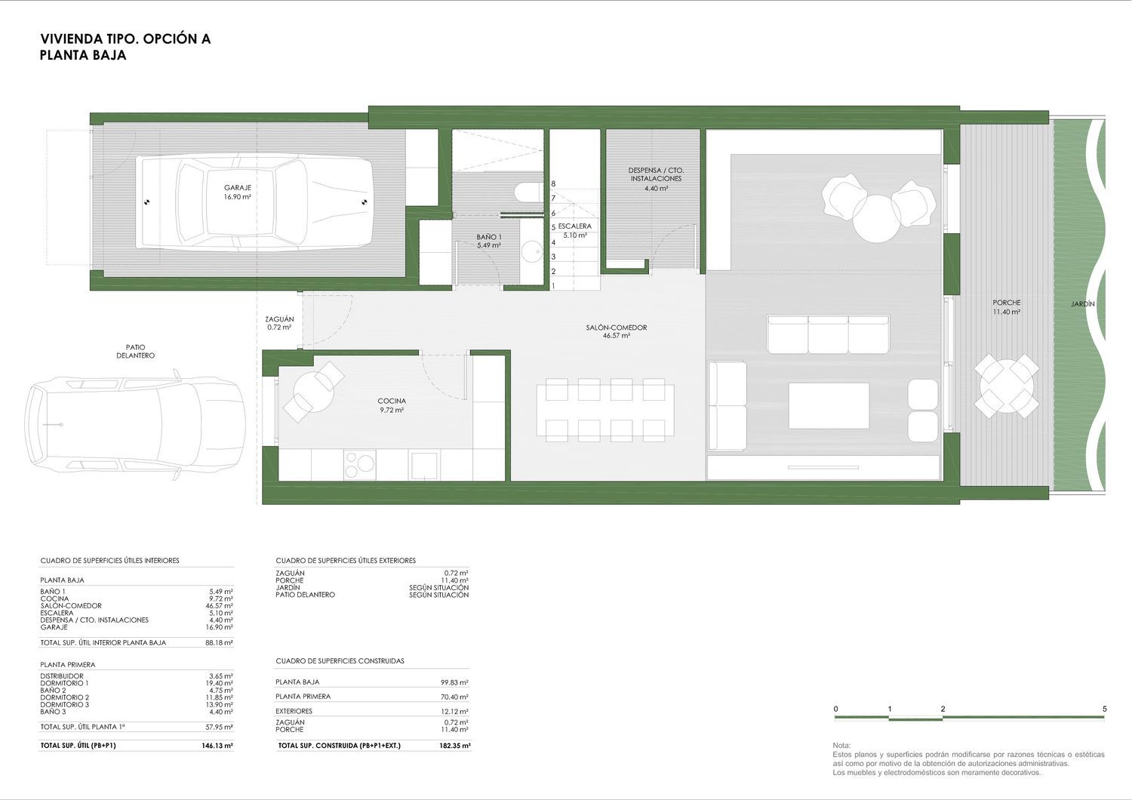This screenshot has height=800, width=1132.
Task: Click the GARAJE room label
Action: [238, 187]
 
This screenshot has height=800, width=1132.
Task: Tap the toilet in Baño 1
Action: [528, 192]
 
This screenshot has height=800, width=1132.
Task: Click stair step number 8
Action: [553, 184]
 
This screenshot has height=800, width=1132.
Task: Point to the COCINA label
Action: [392, 402]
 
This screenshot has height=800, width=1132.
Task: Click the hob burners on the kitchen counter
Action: [359, 465]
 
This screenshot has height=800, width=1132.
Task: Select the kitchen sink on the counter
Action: [424, 466]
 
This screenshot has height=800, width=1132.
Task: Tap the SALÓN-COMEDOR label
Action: [617, 328]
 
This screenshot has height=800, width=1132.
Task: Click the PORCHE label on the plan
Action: [1007, 303]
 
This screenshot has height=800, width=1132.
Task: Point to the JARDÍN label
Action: [1082, 304]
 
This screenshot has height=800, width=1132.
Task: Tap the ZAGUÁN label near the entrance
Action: [279, 319]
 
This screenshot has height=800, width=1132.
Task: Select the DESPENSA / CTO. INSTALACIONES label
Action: [656, 174]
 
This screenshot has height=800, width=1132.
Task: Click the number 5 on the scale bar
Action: [1105, 709]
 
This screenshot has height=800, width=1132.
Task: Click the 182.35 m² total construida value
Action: [455, 746]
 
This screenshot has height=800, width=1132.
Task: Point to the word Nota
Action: [842, 746]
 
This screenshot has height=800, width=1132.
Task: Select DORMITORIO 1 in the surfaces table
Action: [64, 683]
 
